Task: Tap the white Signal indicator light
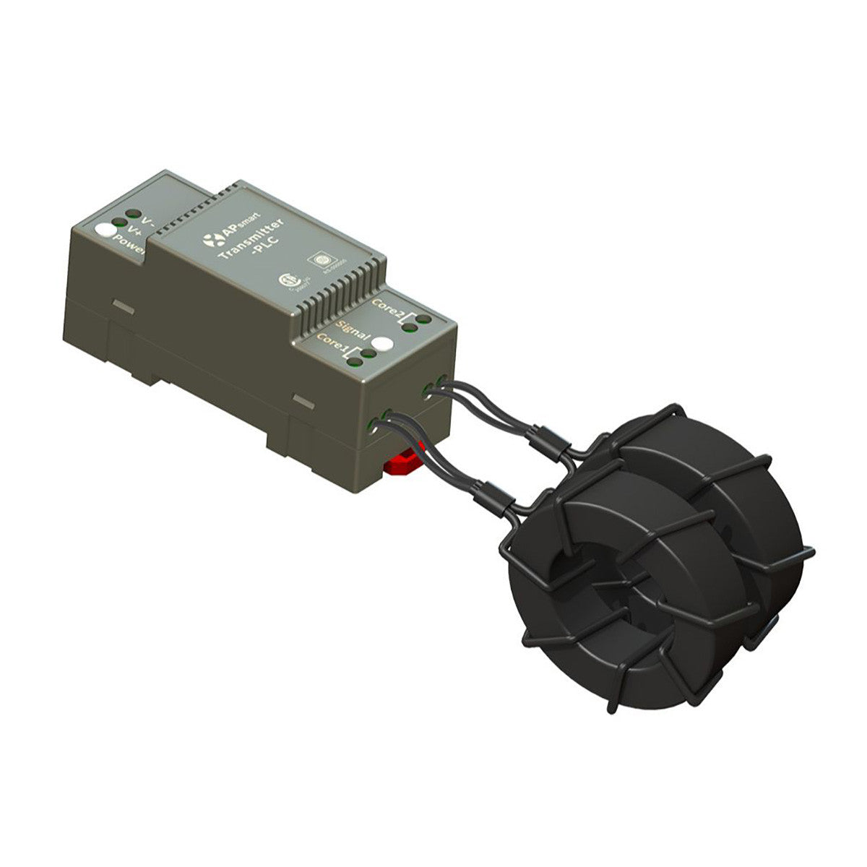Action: pyautogui.click(x=384, y=345)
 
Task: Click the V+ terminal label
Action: pyautogui.click(x=133, y=231)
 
